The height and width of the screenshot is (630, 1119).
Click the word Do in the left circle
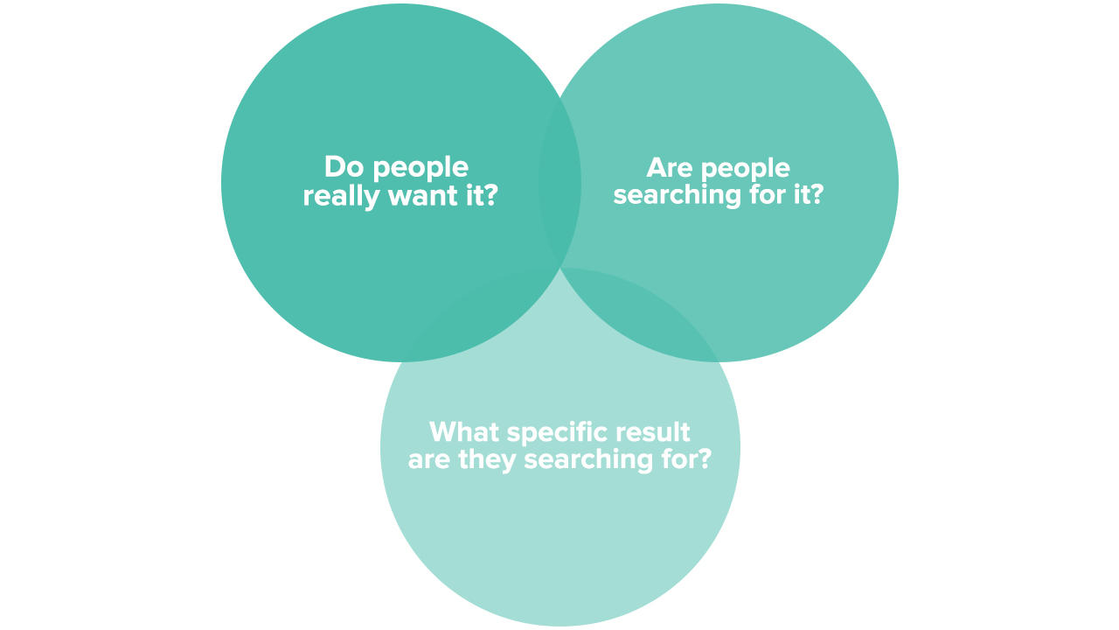(x=341, y=167)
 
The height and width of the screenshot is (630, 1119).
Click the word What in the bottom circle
(x=464, y=431)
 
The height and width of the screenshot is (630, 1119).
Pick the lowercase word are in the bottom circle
(x=429, y=459)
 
